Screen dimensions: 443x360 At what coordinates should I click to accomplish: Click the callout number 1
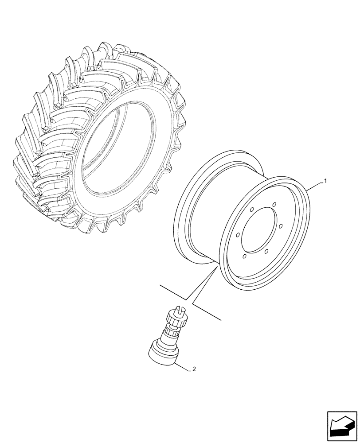[x=325, y=181]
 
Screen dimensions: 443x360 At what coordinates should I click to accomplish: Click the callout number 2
[x=193, y=369]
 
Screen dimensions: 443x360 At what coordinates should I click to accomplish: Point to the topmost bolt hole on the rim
[x=274, y=204]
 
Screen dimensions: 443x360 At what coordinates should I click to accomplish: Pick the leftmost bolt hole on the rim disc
[x=239, y=235]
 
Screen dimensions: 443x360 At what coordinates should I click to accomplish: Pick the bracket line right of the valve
[x=207, y=311]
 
